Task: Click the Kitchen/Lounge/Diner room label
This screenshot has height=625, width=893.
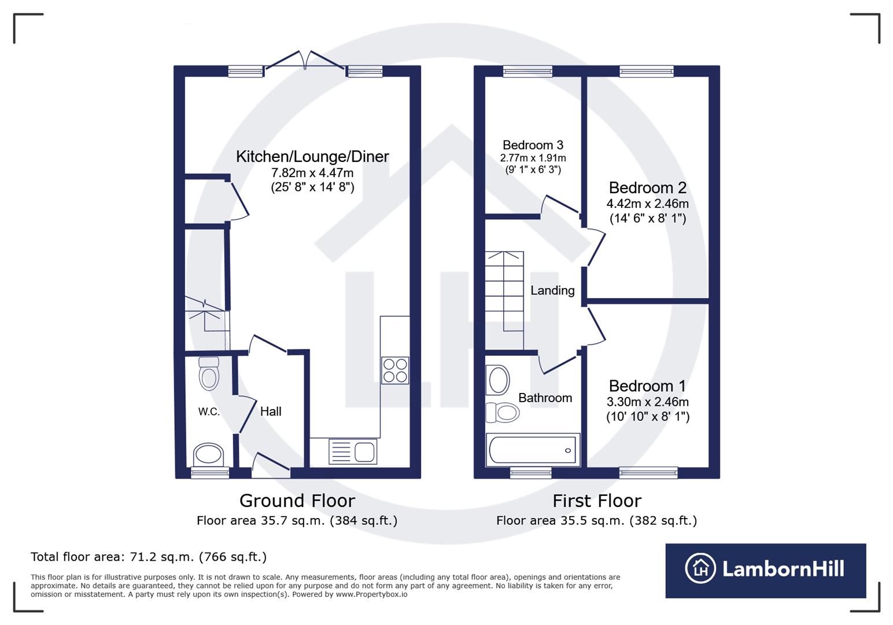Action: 312,157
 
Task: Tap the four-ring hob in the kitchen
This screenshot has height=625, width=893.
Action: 395,370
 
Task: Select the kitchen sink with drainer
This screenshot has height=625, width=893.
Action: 353,451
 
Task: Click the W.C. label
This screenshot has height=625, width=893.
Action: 209,412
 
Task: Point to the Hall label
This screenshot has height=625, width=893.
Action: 271,411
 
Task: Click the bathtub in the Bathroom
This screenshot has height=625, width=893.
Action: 533,450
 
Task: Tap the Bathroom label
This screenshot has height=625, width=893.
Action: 545,398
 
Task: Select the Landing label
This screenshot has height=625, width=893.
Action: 552,291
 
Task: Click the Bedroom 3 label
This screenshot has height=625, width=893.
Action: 533,145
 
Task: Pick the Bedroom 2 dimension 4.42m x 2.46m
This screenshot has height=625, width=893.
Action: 647,204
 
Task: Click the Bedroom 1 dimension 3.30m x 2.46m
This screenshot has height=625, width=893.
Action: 647,402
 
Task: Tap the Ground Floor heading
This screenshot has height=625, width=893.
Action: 297,501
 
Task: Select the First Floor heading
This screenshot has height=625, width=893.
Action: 597,501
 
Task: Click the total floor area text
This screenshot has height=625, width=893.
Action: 149,557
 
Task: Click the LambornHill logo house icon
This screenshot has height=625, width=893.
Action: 700,568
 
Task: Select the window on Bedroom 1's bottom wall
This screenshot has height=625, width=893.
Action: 648,473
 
